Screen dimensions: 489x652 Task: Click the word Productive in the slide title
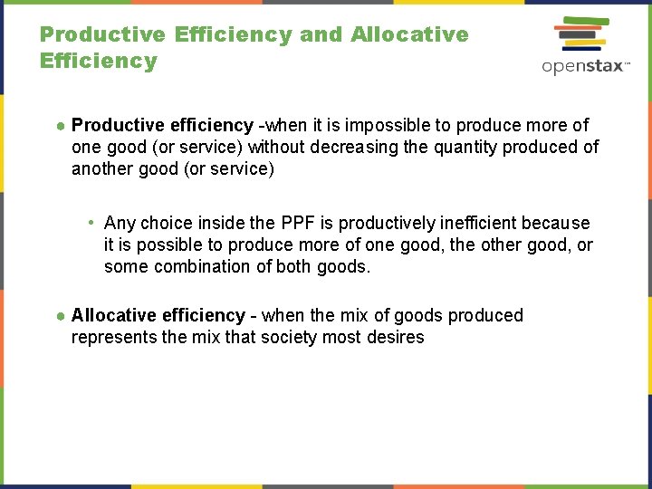tap(102, 35)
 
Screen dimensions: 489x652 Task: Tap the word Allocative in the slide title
tap(409, 35)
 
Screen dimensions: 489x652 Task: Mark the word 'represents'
tap(110, 337)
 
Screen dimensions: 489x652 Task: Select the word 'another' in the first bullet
tap(101, 168)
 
